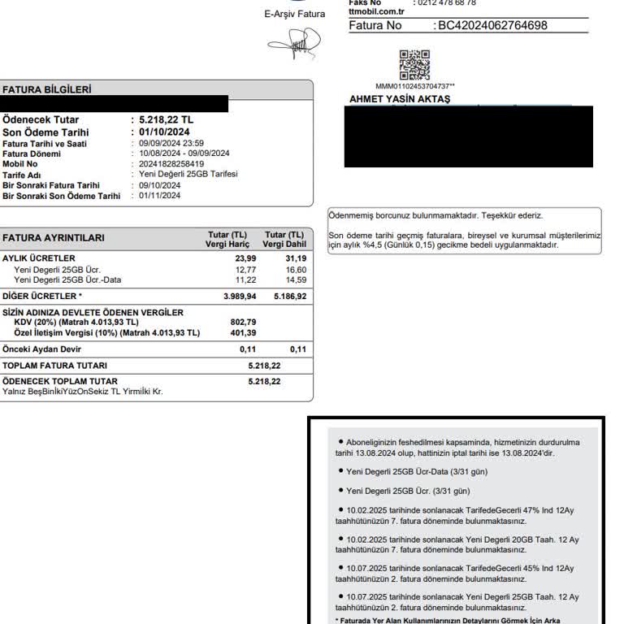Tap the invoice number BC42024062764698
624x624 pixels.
pyautogui.click(x=492, y=25)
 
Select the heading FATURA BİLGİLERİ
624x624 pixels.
pyautogui.click(x=46, y=89)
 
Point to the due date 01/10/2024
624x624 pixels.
pyautogui.click(x=165, y=132)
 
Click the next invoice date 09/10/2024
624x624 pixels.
pyautogui.click(x=160, y=185)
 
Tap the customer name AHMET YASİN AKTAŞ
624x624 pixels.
pyautogui.click(x=399, y=99)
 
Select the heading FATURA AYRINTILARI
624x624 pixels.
pyautogui.click(x=53, y=238)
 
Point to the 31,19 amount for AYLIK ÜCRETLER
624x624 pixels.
pyautogui.click(x=296, y=258)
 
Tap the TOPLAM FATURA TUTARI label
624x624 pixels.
pyautogui.click(x=54, y=366)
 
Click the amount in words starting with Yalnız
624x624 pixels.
pyautogui.click(x=82, y=392)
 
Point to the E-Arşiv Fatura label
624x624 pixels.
pyautogui.click(x=294, y=14)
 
